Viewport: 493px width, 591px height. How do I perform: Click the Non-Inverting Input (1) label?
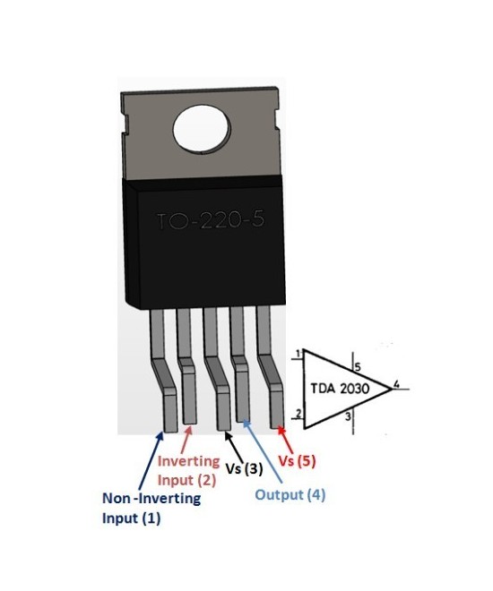pos(151,509)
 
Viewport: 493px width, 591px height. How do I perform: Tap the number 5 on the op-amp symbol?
pos(357,367)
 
